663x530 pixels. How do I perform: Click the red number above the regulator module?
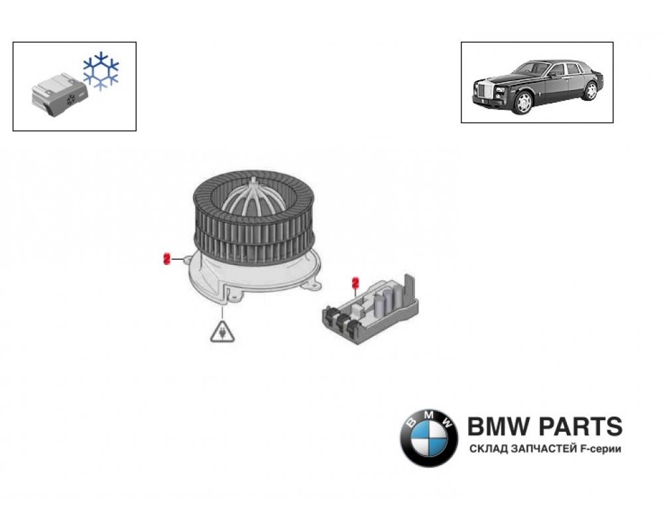click(355, 284)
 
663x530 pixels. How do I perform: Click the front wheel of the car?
click(524, 102)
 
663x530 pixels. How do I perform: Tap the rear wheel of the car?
click(589, 91)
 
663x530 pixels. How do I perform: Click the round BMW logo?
click(429, 437)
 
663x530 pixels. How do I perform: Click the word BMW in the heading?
click(495, 427)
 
